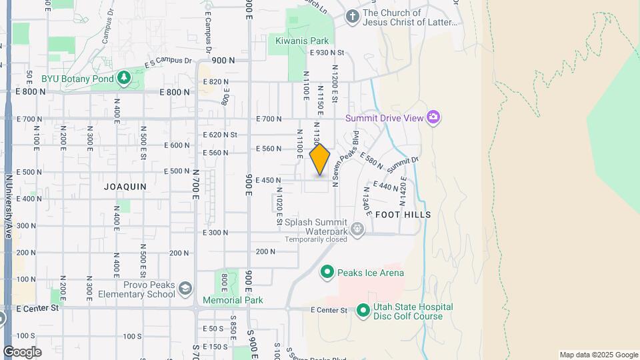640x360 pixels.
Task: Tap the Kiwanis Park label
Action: (302, 41)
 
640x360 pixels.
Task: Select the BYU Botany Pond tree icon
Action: (123, 78)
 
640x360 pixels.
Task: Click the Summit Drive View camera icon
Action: (434, 118)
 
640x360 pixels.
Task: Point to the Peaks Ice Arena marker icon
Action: (327, 272)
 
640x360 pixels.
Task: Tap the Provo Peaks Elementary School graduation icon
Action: (185, 289)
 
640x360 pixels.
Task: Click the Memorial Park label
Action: (233, 300)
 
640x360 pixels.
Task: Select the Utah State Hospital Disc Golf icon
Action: (363, 311)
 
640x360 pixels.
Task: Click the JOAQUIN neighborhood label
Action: (125, 187)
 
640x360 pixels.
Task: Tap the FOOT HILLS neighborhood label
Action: (403, 215)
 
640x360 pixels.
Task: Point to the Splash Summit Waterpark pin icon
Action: (358, 230)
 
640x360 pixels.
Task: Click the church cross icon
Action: (353, 17)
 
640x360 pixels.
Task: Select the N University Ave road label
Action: (9, 207)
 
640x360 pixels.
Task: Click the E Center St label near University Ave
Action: (38, 308)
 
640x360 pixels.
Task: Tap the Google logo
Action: (22, 351)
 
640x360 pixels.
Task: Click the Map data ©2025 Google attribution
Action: (598, 355)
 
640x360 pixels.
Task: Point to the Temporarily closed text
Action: (315, 239)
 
